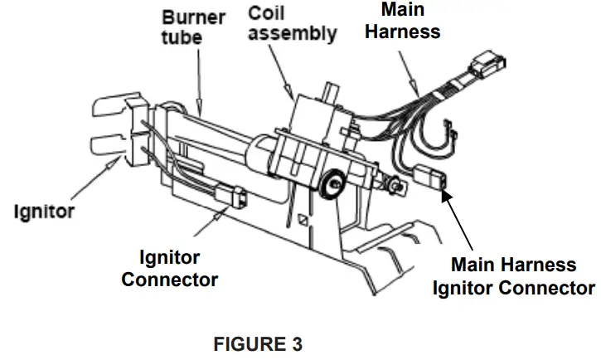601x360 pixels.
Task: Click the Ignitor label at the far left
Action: coord(44,211)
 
